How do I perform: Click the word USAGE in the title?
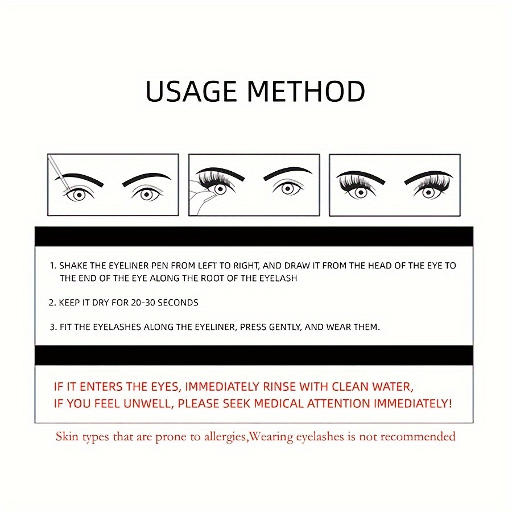pos(191,92)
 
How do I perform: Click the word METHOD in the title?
pos(306,92)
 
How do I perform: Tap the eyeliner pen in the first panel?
pos(58,173)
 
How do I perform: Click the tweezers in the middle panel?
pos(200,199)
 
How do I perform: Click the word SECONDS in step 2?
pos(178,303)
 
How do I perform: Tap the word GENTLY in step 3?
pos(285,327)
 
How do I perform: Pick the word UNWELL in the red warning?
pos(148,404)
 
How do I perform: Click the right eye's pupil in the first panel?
pos(147,195)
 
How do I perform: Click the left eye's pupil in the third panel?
pos(361,192)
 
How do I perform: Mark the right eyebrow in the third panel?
pos(428,176)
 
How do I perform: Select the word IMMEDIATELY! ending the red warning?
pos(413,404)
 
